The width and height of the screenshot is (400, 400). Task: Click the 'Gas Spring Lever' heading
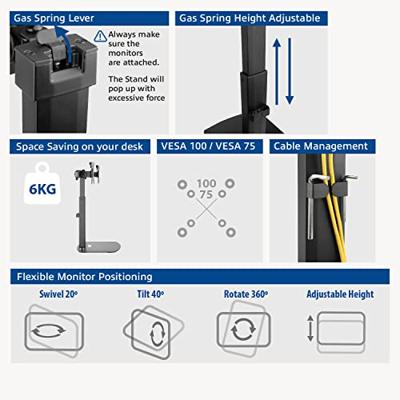click(x=54, y=18)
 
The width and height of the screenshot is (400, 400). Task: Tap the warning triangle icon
click(x=100, y=36)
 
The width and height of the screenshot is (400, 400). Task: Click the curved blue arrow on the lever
click(x=64, y=44)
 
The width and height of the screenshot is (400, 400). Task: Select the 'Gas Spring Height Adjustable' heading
click(x=250, y=18)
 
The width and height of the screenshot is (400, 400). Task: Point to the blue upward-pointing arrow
click(x=277, y=71)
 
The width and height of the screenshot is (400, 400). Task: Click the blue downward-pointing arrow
click(x=289, y=71)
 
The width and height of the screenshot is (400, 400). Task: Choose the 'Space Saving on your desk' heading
click(x=80, y=147)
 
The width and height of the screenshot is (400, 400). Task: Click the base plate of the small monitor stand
click(x=99, y=247)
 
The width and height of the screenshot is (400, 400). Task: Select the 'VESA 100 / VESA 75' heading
click(x=208, y=146)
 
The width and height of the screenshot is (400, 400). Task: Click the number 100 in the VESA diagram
click(x=206, y=183)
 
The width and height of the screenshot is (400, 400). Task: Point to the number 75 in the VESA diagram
click(x=206, y=194)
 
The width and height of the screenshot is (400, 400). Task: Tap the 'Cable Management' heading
click(x=321, y=146)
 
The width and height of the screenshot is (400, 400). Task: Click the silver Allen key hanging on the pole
click(x=313, y=207)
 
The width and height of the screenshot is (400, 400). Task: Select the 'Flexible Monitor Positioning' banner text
click(x=85, y=277)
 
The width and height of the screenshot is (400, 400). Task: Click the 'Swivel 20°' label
click(x=59, y=294)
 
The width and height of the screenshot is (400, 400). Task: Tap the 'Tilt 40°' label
click(x=150, y=294)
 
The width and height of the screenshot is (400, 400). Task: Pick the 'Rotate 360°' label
click(x=246, y=294)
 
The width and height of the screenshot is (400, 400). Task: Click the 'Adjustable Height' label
click(x=340, y=294)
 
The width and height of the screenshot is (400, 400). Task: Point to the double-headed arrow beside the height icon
click(x=310, y=328)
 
